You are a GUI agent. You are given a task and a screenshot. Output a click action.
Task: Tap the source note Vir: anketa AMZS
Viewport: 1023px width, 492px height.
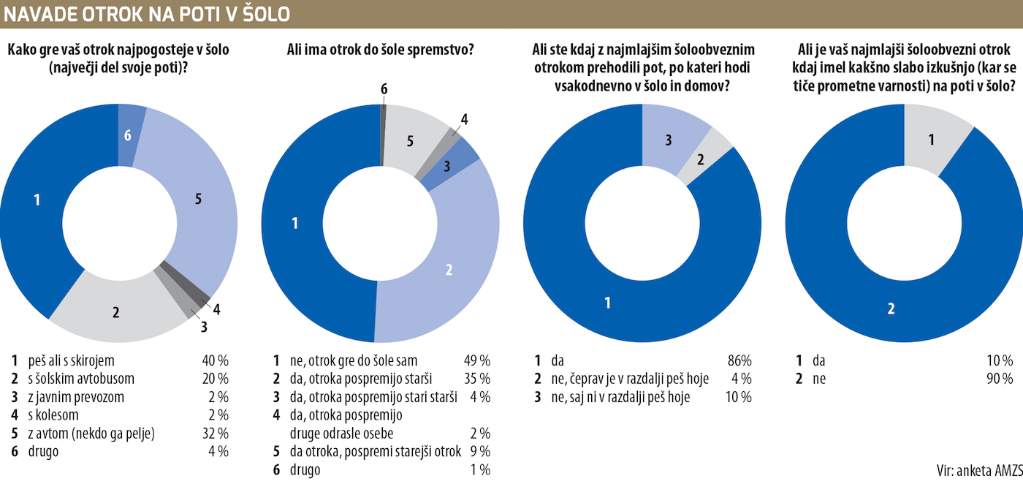978,470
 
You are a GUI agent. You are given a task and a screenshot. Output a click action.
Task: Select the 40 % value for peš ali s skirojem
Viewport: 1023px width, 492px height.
215,360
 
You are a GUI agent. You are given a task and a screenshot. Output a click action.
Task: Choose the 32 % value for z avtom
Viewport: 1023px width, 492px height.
215,434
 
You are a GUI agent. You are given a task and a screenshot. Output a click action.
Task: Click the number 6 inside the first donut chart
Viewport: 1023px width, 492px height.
128,136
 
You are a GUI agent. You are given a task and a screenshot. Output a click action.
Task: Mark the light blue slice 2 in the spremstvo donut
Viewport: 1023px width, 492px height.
449,269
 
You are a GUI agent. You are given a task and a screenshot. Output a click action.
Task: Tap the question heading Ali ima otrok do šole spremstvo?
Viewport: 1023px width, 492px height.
380,50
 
